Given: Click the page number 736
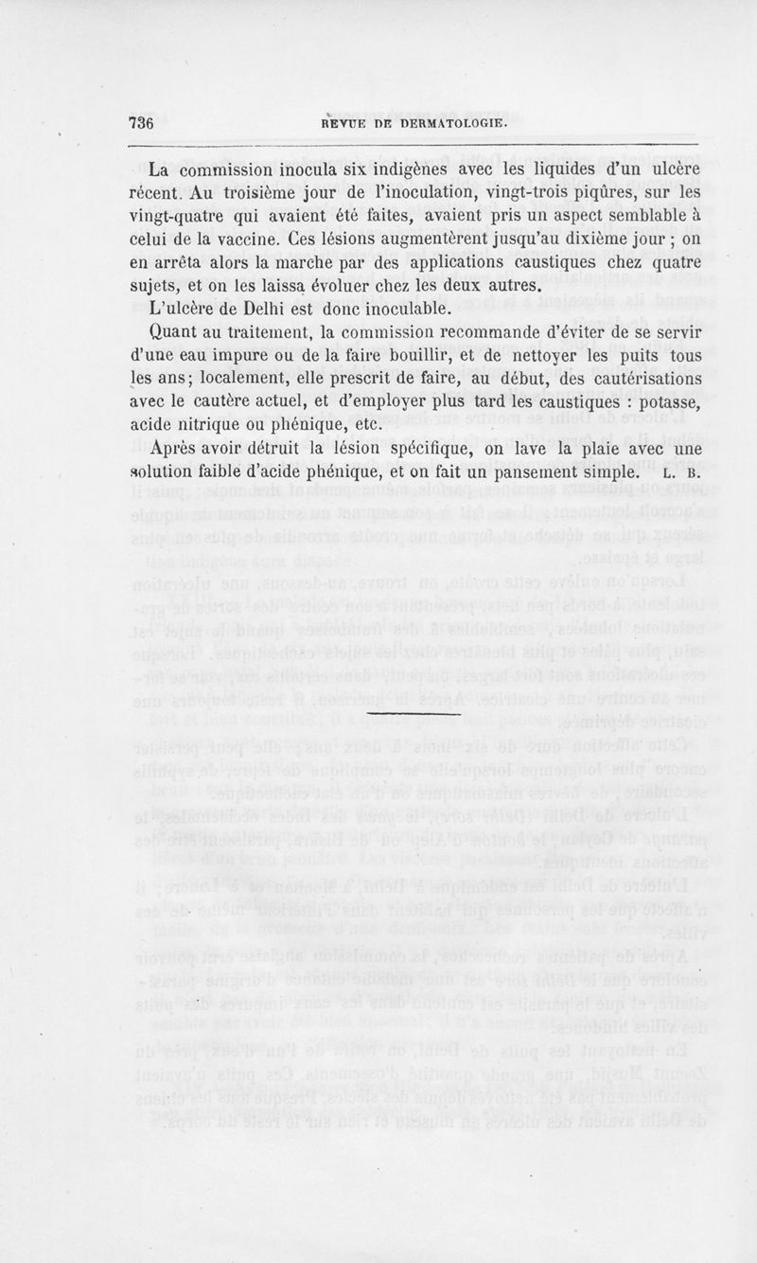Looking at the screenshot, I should click(141, 124).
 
